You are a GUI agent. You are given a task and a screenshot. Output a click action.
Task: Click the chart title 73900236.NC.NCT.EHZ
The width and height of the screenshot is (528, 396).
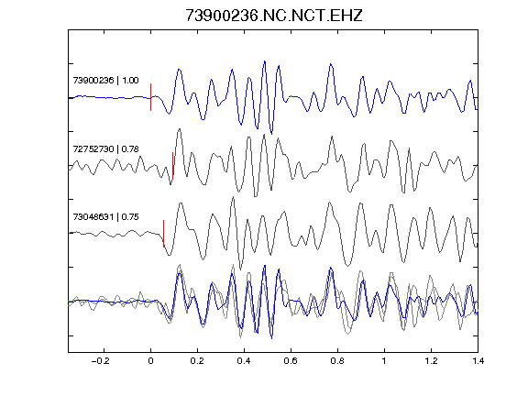click(x=274, y=16)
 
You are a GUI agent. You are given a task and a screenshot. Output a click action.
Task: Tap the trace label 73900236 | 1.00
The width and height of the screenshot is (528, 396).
click(x=105, y=80)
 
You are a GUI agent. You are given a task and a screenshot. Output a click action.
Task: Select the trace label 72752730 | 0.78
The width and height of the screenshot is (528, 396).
click(x=105, y=148)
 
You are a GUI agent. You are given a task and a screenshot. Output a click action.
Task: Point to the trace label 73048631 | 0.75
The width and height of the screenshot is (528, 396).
click(x=105, y=216)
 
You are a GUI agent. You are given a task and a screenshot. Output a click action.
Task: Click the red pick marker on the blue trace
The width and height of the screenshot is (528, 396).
click(x=151, y=97)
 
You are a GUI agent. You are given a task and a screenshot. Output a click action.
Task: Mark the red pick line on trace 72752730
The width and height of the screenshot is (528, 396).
click(x=172, y=166)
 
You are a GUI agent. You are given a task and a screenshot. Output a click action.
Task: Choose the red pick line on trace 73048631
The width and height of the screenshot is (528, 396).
click(x=164, y=234)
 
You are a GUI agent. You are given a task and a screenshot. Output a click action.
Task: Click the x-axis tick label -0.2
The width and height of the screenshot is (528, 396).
click(x=101, y=361)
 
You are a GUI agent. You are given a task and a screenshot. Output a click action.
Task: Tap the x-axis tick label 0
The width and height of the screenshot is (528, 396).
click(x=150, y=361)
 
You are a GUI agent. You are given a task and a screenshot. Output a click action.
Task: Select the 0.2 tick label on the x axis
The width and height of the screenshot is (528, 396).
click(x=197, y=361)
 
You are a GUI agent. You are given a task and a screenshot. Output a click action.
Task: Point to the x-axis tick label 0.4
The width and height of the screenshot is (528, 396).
click(x=244, y=361)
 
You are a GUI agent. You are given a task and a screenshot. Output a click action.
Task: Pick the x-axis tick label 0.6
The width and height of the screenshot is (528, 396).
click(x=291, y=361)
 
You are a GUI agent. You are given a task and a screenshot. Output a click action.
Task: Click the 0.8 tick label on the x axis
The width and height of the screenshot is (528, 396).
click(x=337, y=361)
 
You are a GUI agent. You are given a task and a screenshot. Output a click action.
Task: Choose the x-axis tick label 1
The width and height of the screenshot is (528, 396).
click(x=384, y=361)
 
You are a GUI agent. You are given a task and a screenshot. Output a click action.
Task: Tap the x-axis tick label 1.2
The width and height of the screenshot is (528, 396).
click(x=431, y=361)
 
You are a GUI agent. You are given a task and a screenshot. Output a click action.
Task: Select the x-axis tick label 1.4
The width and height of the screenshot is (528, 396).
click(x=478, y=361)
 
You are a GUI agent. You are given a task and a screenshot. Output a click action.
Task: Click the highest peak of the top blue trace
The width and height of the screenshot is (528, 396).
click(x=265, y=61)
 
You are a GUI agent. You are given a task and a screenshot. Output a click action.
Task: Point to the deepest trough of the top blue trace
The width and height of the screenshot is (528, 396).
click(x=271, y=133)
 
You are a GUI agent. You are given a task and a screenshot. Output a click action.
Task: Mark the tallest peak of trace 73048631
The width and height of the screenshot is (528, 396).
click(x=233, y=197)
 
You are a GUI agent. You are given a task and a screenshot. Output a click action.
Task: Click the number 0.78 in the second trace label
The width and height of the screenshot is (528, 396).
click(x=130, y=148)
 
